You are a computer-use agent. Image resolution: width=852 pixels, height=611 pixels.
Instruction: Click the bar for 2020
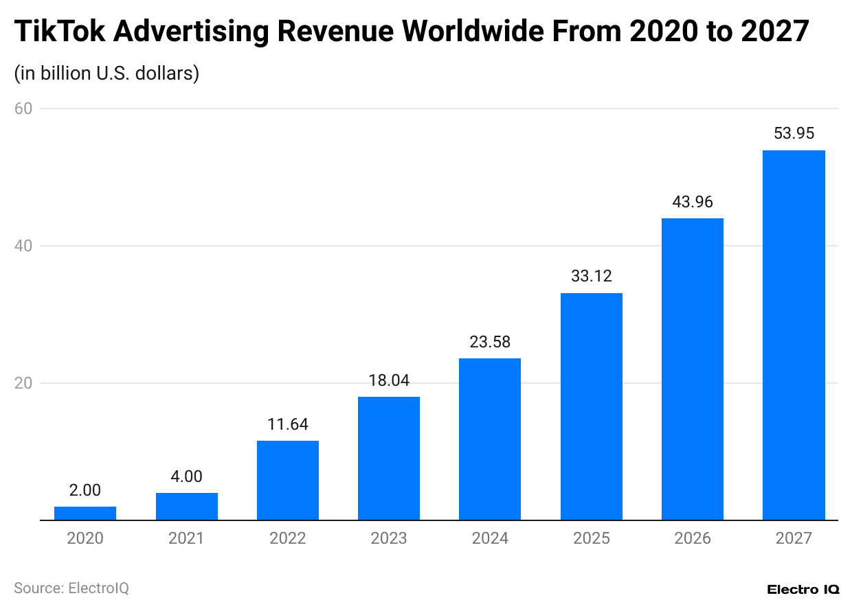tap(85, 513)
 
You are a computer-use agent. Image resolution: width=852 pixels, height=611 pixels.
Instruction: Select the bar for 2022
tap(288, 480)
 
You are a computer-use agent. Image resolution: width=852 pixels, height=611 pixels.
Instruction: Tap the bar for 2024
tap(490, 439)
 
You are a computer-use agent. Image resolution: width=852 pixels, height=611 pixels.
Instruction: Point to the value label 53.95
tap(794, 134)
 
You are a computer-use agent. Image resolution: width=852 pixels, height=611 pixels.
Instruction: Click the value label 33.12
tap(591, 277)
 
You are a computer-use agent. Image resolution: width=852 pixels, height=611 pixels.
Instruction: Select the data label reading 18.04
tap(389, 380)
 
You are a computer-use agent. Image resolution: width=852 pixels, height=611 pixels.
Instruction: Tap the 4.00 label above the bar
tap(186, 476)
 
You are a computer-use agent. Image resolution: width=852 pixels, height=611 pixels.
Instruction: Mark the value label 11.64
tap(288, 424)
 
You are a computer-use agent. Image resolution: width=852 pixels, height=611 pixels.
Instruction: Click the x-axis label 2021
tap(186, 538)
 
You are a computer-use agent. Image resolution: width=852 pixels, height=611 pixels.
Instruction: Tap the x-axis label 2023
tap(389, 538)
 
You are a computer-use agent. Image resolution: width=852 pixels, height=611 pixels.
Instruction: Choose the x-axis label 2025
tap(591, 538)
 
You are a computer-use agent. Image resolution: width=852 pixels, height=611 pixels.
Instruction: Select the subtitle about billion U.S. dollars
tap(106, 73)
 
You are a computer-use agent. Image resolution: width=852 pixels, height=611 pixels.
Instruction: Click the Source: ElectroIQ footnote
tap(71, 588)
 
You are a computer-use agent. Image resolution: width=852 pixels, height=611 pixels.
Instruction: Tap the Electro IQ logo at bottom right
tap(803, 590)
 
